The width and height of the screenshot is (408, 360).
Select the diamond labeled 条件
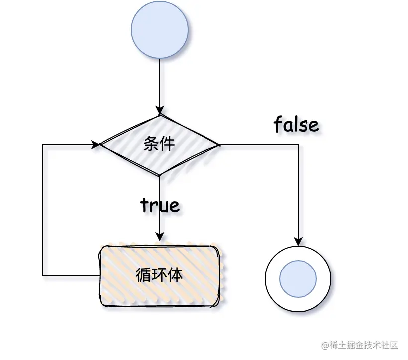pyautogui.click(x=159, y=145)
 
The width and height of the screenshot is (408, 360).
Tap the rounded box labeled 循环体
pyautogui.click(x=159, y=275)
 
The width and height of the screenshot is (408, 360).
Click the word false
pyautogui.click(x=296, y=124)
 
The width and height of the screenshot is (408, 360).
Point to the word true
pyautogui.click(x=160, y=204)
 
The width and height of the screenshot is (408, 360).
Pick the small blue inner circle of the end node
pyautogui.click(x=298, y=278)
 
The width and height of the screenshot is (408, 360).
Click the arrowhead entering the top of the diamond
pyautogui.click(x=159, y=110)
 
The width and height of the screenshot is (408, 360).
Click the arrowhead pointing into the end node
pyautogui.click(x=298, y=241)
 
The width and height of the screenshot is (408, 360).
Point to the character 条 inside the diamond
pyautogui.click(x=151, y=144)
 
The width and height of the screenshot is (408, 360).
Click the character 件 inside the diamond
pyautogui.click(x=167, y=144)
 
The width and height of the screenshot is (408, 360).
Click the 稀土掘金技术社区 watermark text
pyautogui.click(x=364, y=345)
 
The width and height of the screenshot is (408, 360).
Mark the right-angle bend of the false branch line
pyautogui.click(x=298, y=145)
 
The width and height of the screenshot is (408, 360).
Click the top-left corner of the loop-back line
pyautogui.click(x=43, y=145)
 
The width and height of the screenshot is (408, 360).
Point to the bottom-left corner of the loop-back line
pyautogui.click(x=43, y=275)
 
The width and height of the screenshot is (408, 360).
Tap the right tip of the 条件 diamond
pyautogui.click(x=218, y=145)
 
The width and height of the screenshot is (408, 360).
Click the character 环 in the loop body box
pyautogui.click(x=159, y=275)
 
